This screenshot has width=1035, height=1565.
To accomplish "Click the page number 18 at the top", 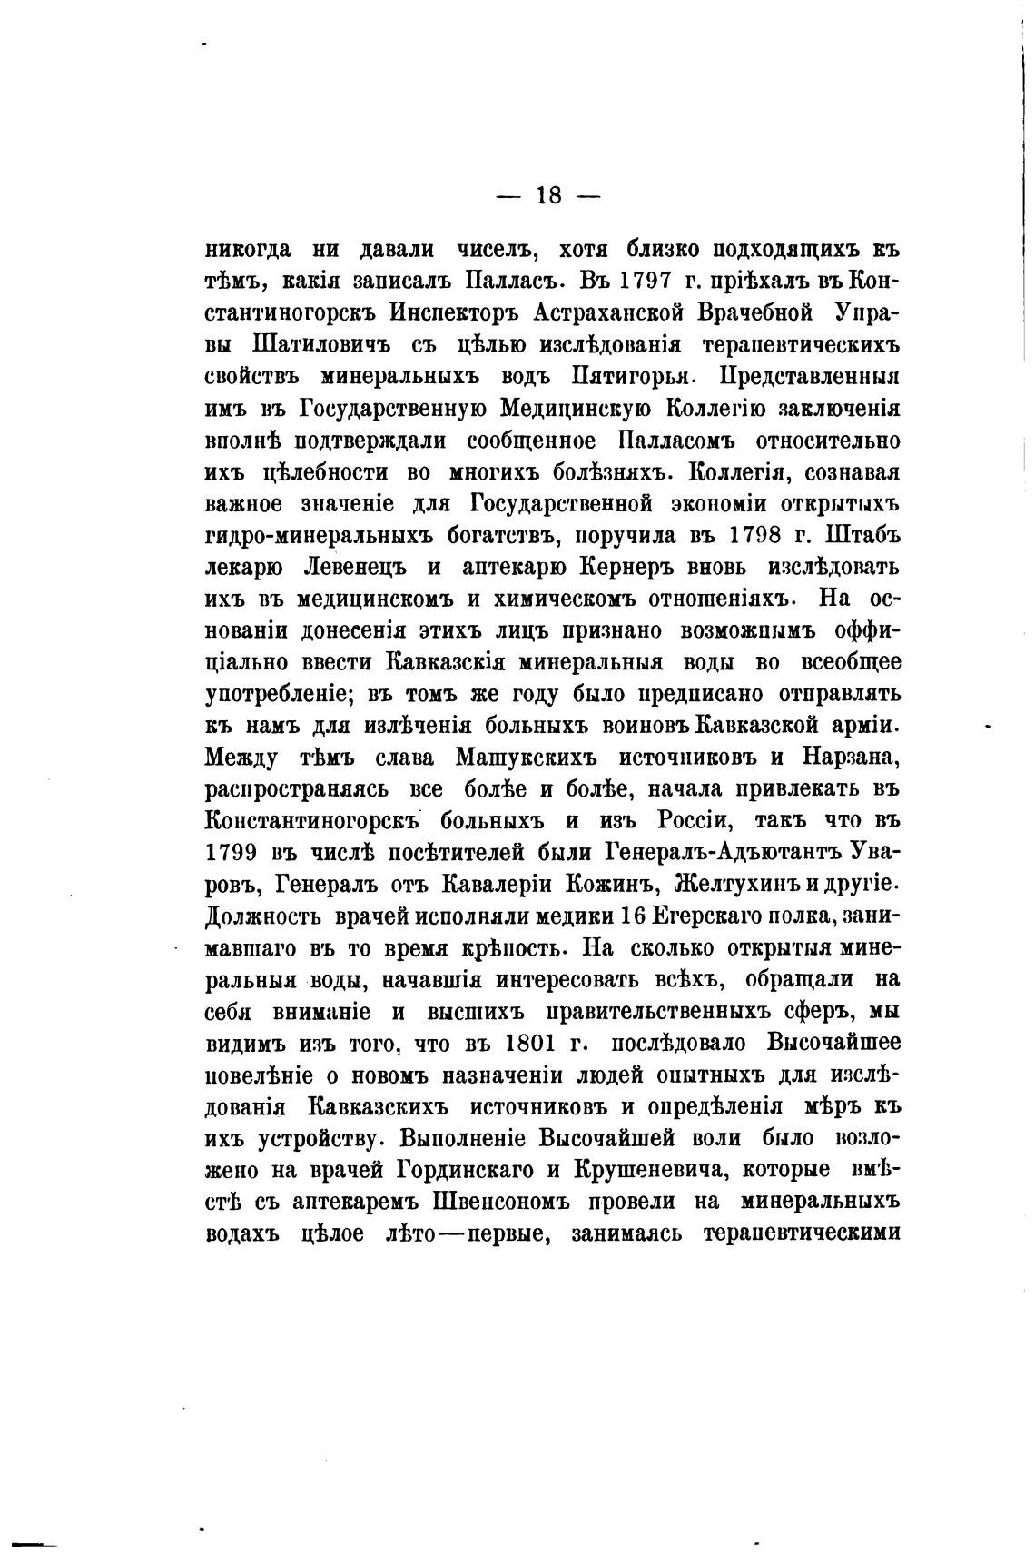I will point(550,195).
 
